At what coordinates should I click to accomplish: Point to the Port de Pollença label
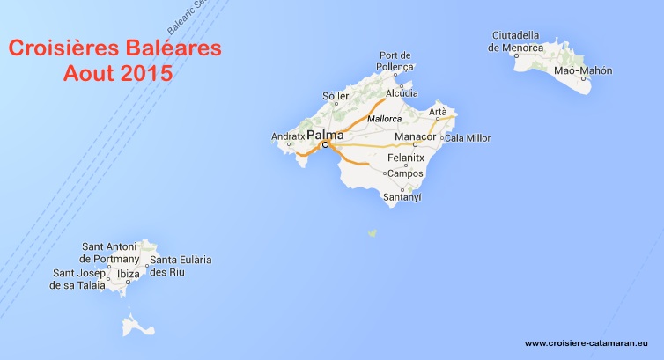point(395,61)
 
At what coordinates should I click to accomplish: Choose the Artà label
point(439,112)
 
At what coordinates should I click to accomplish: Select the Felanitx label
point(406,158)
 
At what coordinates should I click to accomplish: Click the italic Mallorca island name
point(384,118)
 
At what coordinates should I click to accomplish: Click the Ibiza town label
point(129,274)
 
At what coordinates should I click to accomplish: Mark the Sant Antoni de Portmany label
point(109,253)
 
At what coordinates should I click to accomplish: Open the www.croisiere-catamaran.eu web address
point(586,343)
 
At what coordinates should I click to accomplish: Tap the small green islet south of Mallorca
point(373,233)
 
